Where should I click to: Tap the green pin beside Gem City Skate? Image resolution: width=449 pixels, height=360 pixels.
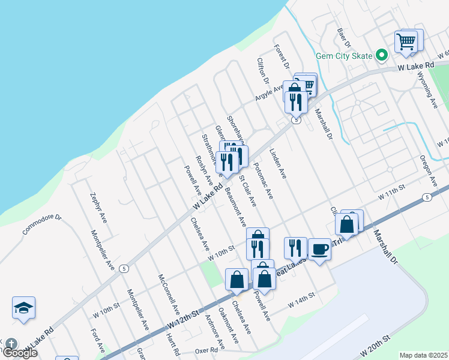point(381,55)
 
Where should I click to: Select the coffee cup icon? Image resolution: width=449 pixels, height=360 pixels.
point(319,248)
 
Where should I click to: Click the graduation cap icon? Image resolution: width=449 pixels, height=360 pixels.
point(23,308)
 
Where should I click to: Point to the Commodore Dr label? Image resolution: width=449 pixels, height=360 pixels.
point(42,224)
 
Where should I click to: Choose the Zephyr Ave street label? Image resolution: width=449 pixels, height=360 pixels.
point(98,208)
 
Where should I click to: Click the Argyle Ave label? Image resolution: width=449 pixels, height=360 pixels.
point(270,93)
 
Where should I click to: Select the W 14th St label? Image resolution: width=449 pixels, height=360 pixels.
point(301,305)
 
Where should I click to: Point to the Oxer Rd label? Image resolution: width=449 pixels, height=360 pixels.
point(206,350)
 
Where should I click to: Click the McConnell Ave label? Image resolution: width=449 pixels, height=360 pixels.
point(169,295)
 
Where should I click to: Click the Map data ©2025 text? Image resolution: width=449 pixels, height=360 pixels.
point(424,355)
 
